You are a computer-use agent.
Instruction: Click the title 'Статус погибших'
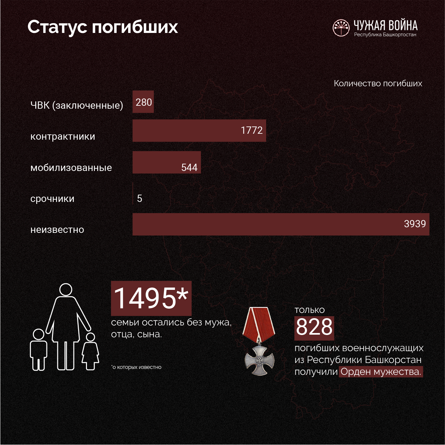tap(102, 27)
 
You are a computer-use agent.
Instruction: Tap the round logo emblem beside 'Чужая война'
tap(341, 28)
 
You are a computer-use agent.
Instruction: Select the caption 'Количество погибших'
tap(378, 83)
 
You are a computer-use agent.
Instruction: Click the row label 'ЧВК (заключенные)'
tap(76, 105)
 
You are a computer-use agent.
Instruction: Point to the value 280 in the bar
tap(144, 102)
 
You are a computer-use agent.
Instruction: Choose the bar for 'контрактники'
tap(199, 131)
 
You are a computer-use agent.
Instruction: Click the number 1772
tap(252, 130)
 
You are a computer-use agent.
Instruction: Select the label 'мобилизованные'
tap(71, 168)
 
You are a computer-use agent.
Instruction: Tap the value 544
tap(189, 167)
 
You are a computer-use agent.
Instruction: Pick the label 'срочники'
tap(52, 199)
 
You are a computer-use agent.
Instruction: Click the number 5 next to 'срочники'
tap(140, 198)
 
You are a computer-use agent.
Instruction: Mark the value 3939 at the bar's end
tap(415, 224)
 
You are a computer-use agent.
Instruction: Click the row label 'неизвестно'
tap(57, 230)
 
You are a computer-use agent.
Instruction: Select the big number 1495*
tap(151, 298)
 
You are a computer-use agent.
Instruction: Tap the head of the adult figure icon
tap(66, 290)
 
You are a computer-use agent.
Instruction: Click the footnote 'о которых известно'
tap(137, 367)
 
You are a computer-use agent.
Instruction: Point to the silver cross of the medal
tap(260, 360)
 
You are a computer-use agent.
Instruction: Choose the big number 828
tap(314, 327)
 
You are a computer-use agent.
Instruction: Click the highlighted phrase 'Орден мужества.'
tap(381, 372)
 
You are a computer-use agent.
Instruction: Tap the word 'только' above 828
tap(310, 310)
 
